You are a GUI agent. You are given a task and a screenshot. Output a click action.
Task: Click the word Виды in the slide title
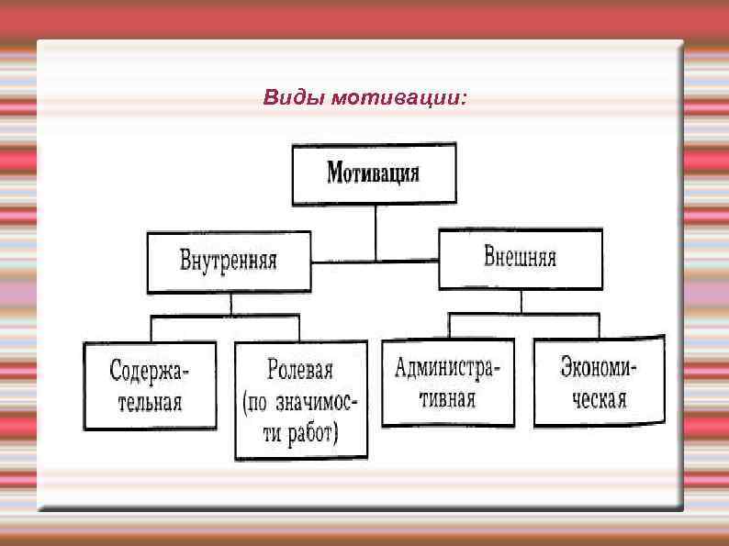click(286, 97)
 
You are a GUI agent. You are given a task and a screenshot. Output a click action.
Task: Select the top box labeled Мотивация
click(374, 173)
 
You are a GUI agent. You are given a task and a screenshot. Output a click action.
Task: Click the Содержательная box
click(150, 385)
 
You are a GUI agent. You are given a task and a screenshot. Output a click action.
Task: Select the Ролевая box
click(300, 400)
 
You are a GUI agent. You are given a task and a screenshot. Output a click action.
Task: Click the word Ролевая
click(300, 371)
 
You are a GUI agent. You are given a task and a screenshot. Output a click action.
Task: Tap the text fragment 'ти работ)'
click(300, 431)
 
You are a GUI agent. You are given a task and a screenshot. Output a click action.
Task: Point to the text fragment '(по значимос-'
click(300, 402)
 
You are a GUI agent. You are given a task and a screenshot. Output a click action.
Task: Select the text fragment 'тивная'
click(447, 398)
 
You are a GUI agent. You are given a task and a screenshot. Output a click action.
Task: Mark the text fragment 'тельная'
click(150, 402)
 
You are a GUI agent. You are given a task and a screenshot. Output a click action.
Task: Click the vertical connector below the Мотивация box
click(375, 232)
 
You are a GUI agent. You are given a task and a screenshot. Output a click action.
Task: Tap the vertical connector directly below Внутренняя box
click(231, 304)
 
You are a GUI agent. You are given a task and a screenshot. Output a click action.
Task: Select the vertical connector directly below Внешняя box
click(521, 301)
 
